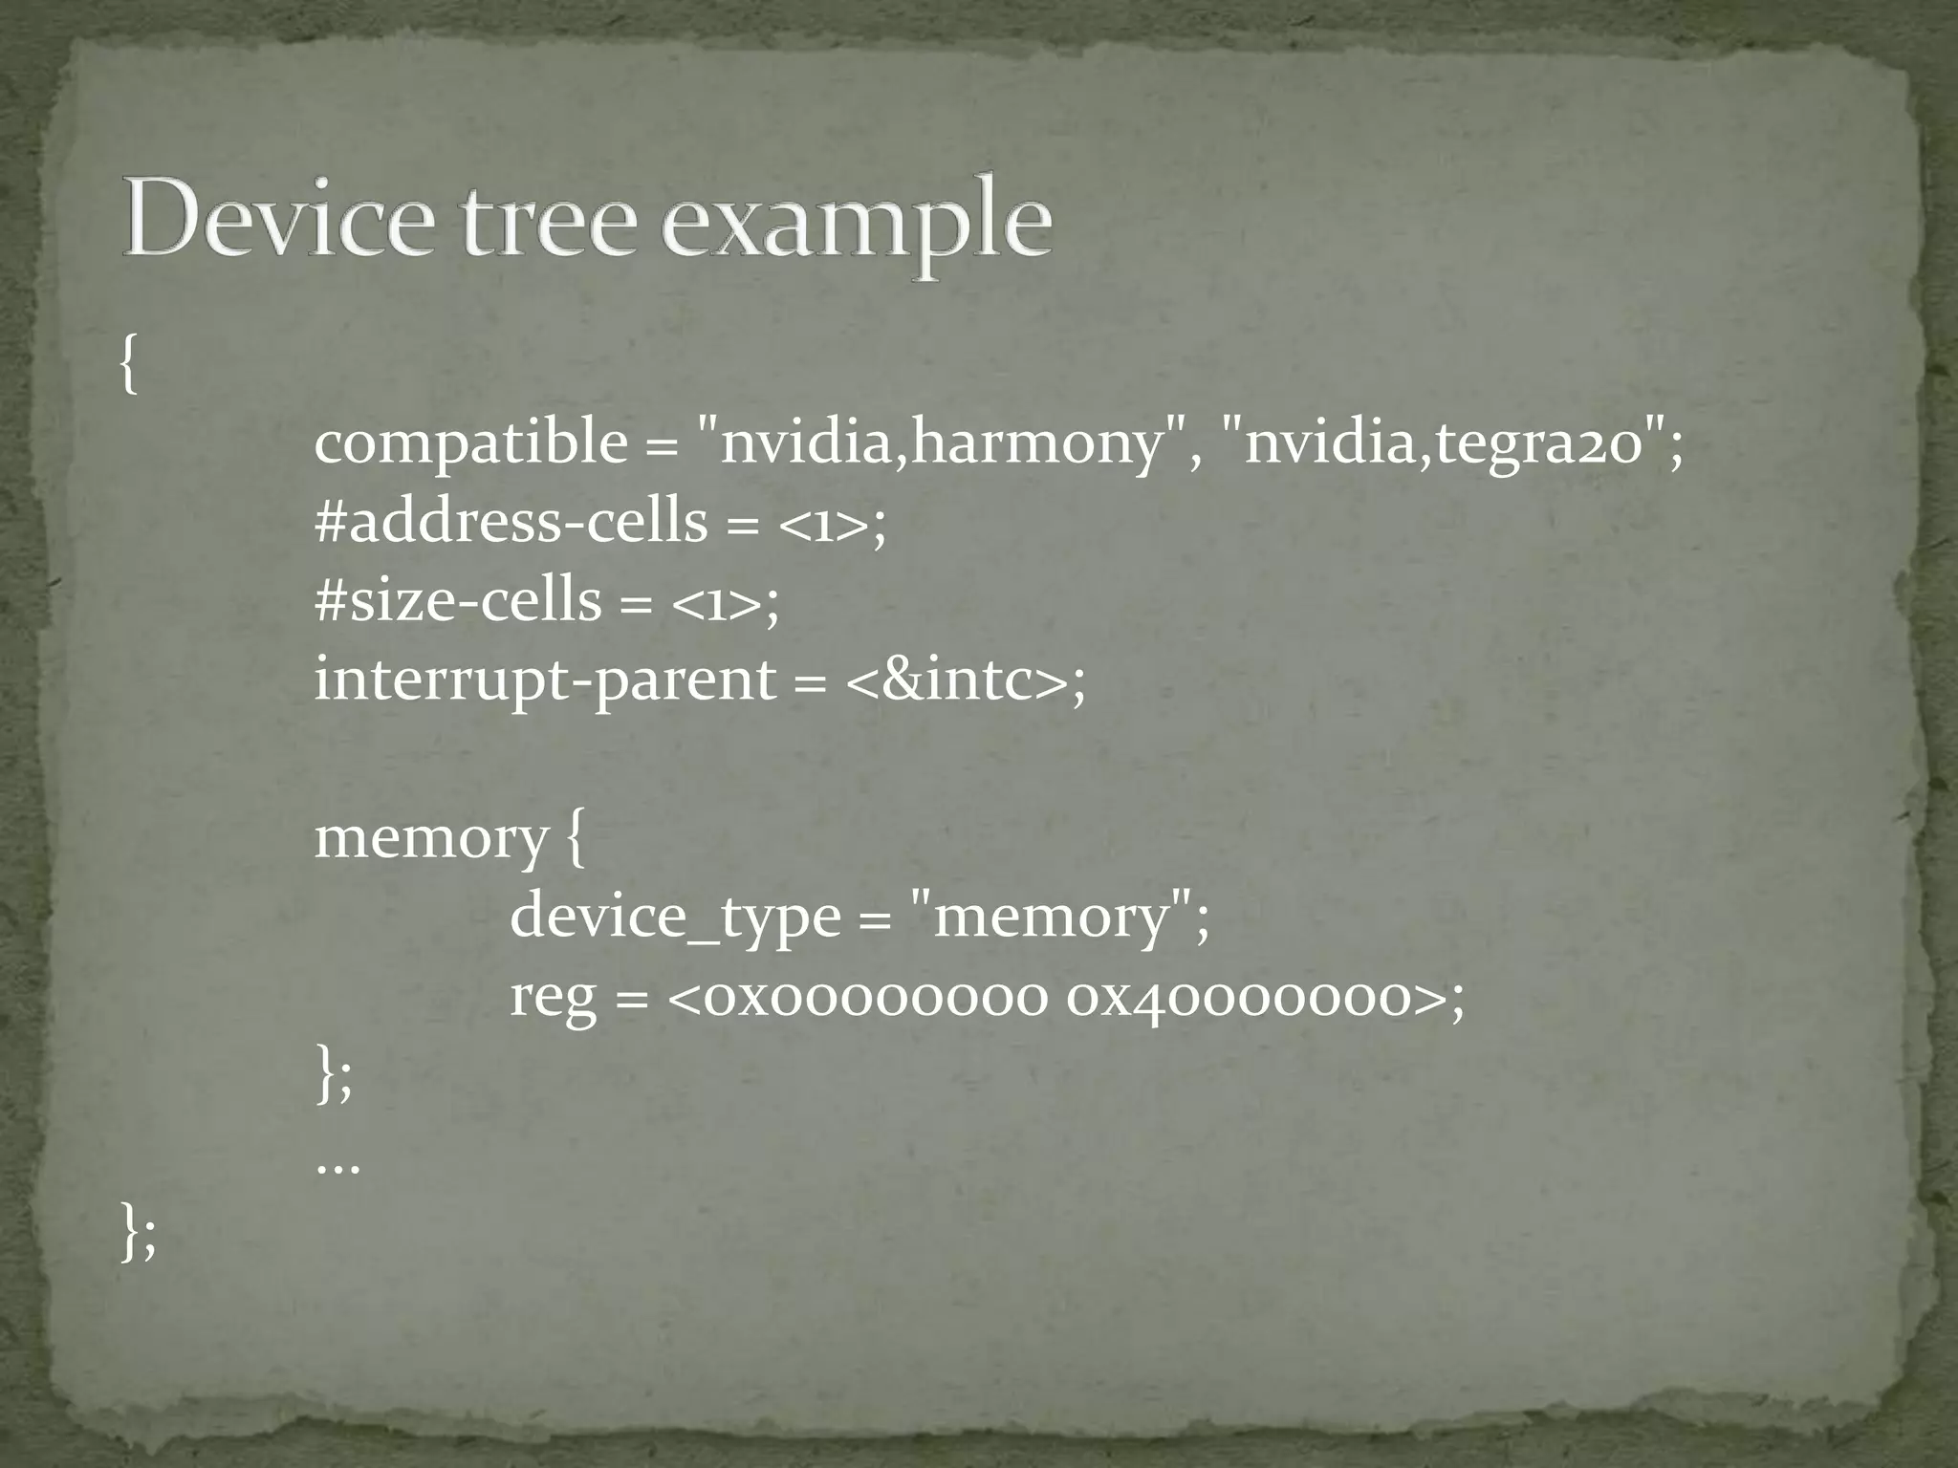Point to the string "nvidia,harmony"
pos(942,443)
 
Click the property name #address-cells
pos(511,522)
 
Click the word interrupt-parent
pos(546,680)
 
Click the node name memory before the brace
pos(430,838)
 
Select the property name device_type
pos(675,917)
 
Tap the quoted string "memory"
pos(1051,917)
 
